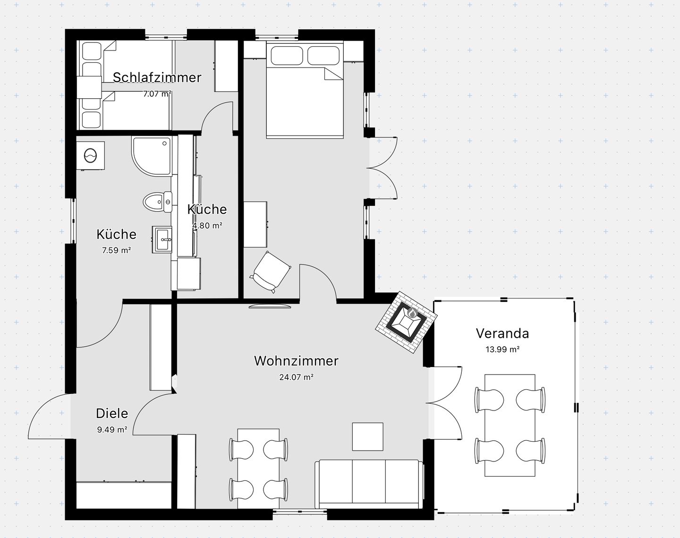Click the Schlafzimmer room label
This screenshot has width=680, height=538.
point(157,77)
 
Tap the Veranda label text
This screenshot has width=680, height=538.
point(502,333)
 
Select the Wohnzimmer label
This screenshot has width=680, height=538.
point(296,361)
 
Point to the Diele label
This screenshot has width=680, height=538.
point(112,413)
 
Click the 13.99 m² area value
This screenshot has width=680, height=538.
point(502,349)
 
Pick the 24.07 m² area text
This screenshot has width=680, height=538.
point(296,377)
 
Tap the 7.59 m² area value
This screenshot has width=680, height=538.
point(116,250)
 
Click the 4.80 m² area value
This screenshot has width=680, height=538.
point(207,226)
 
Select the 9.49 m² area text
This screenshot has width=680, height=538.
point(112,429)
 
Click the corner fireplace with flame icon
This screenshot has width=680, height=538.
point(407,322)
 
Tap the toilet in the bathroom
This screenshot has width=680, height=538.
point(157,201)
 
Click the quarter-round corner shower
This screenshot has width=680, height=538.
point(152,156)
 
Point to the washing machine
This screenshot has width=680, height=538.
point(91,156)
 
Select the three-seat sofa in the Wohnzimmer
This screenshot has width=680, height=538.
point(369,484)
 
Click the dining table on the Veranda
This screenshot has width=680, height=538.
point(510,425)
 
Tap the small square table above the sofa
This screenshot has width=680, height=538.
point(368,436)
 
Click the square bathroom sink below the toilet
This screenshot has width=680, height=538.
point(162,239)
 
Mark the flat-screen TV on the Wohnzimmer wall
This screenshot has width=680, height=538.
point(270,306)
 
